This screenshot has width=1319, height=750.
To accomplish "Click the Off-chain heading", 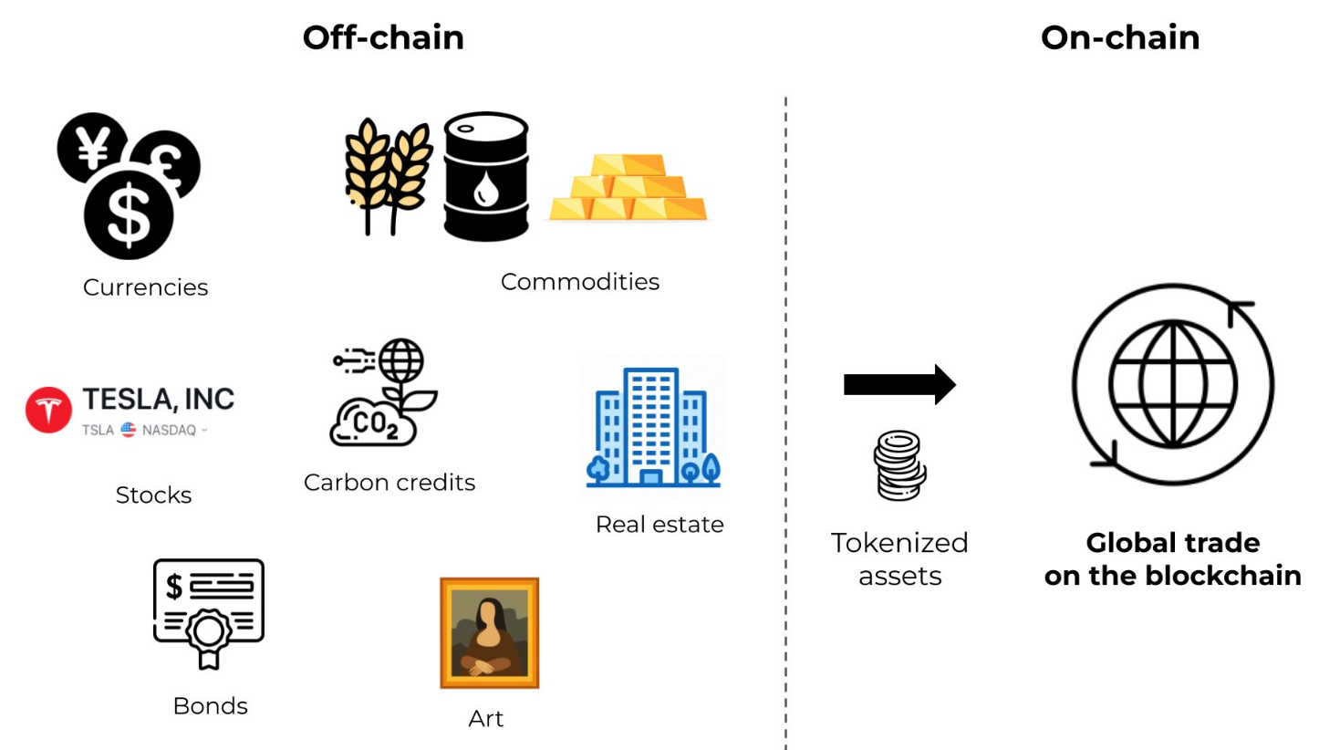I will (x=383, y=37).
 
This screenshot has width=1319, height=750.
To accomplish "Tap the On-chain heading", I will (x=1119, y=37).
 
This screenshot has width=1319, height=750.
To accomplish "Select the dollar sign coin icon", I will (x=128, y=213).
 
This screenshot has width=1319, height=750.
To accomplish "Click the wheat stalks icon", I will (x=388, y=173).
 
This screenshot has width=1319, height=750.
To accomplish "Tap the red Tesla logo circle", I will (x=48, y=410).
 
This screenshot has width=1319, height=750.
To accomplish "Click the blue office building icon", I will (x=653, y=426).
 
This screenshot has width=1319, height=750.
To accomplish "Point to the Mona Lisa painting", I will (x=489, y=632).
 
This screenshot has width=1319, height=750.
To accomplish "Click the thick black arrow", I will (x=898, y=384).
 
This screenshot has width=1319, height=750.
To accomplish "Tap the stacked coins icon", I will (x=899, y=465).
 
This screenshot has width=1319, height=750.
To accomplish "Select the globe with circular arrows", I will (x=1172, y=384).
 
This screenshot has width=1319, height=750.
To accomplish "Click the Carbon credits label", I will (x=389, y=482).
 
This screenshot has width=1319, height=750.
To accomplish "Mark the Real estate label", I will (x=659, y=525).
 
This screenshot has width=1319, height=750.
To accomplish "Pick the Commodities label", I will (x=579, y=281).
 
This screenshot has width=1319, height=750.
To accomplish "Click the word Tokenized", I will (x=898, y=543).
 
